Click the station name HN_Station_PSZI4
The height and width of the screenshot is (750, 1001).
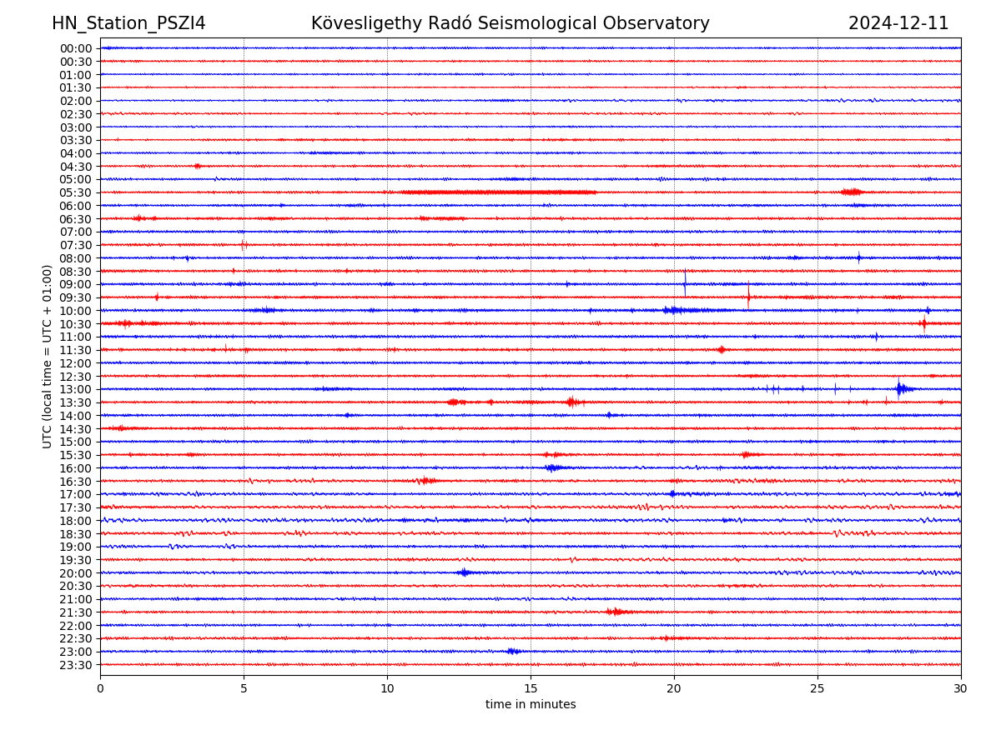128,24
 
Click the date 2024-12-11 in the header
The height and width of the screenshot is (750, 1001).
898,24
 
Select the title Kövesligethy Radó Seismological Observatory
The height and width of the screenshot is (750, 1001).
510,24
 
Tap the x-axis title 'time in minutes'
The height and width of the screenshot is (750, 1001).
531,705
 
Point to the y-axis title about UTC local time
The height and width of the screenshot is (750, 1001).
48,356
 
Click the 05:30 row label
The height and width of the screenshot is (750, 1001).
76,192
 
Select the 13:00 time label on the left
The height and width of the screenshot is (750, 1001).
76,389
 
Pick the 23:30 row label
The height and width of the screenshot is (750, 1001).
76,665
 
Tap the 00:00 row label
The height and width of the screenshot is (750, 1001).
76,48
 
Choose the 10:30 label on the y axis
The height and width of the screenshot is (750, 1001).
76,324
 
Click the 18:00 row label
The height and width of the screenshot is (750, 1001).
76,521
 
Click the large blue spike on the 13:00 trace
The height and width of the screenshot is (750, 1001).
899,388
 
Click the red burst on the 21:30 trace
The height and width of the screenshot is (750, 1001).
615,612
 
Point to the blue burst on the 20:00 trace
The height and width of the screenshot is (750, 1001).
464,572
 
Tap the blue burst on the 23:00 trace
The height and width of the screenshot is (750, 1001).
513,651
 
